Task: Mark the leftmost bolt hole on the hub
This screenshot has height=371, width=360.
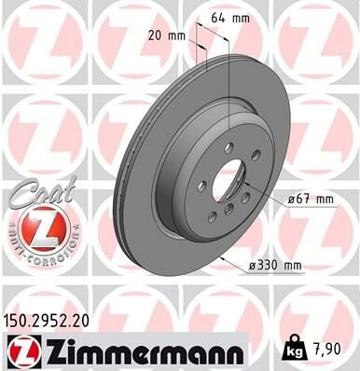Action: [x=201, y=185]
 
